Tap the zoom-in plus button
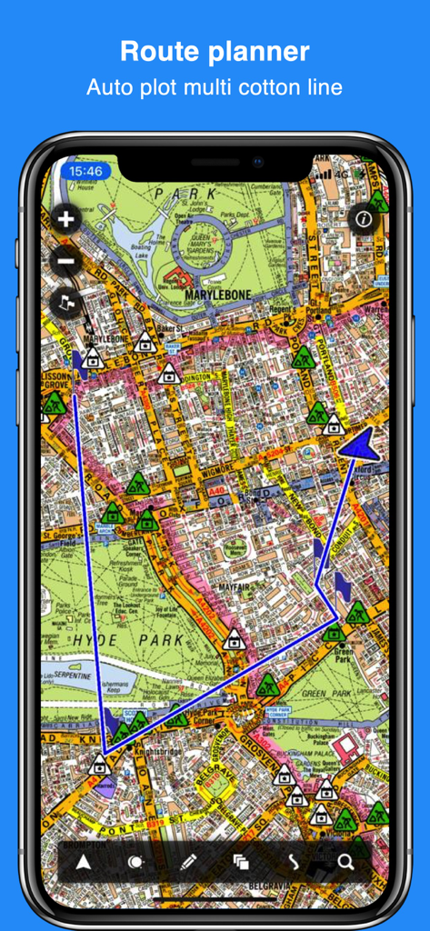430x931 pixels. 66,219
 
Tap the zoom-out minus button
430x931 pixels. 66,262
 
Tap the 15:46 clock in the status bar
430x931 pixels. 85,170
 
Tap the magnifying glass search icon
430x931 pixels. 345,862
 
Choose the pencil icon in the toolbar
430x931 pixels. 188,862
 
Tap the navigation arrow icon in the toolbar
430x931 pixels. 84,862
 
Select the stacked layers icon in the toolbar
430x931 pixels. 241,862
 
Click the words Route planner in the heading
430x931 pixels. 215,51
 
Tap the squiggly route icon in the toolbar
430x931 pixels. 294,862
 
